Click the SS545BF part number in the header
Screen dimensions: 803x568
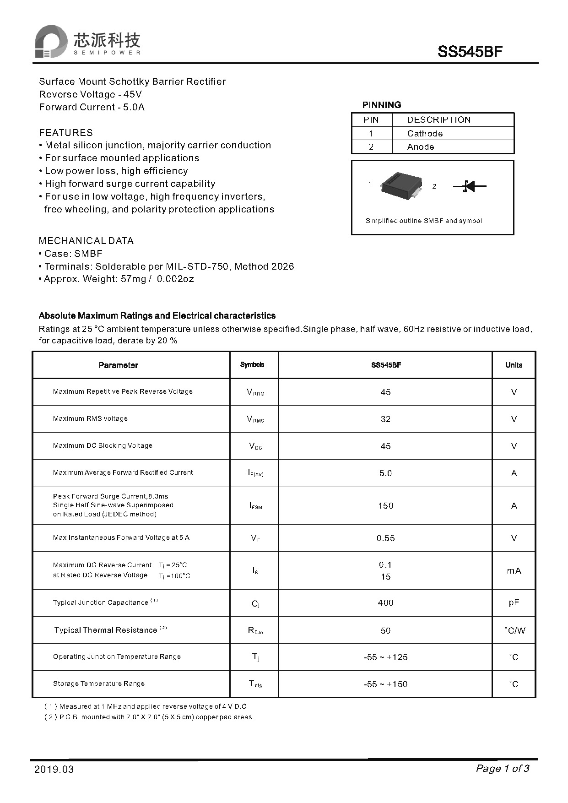(470, 52)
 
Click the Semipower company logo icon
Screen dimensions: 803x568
(51, 42)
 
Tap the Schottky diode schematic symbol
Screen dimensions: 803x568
(470, 186)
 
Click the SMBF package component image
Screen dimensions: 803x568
(401, 185)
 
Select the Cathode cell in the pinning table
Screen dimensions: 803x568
(425, 134)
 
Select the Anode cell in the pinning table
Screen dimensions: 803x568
(420, 147)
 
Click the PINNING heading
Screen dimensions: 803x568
(381, 105)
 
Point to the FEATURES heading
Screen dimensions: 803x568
(66, 133)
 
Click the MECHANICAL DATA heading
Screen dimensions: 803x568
(86, 241)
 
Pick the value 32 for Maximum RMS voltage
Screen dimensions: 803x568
(385, 419)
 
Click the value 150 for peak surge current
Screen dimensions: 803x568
(385, 506)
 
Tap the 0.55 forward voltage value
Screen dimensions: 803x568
(385, 538)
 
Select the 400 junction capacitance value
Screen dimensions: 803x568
(385, 603)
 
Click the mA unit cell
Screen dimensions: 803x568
(514, 571)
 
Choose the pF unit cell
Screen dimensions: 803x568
(514, 603)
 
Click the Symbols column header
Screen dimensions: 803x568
(252, 365)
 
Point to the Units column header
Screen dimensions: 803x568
(514, 365)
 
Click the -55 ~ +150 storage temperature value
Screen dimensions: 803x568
(385, 684)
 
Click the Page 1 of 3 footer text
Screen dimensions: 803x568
(503, 769)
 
